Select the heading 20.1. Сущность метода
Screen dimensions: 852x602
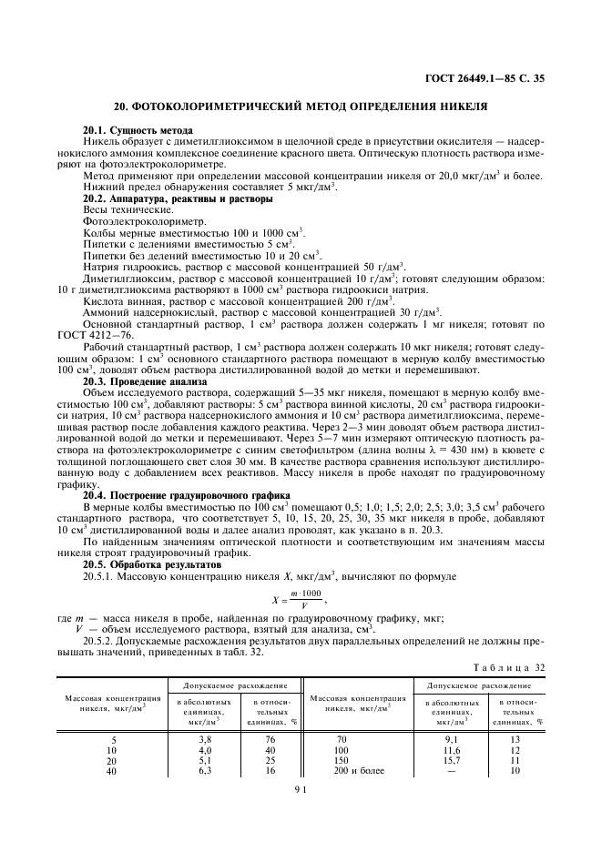point(137,132)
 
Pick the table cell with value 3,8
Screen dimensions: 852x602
point(205,740)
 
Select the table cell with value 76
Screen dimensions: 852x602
point(270,740)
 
